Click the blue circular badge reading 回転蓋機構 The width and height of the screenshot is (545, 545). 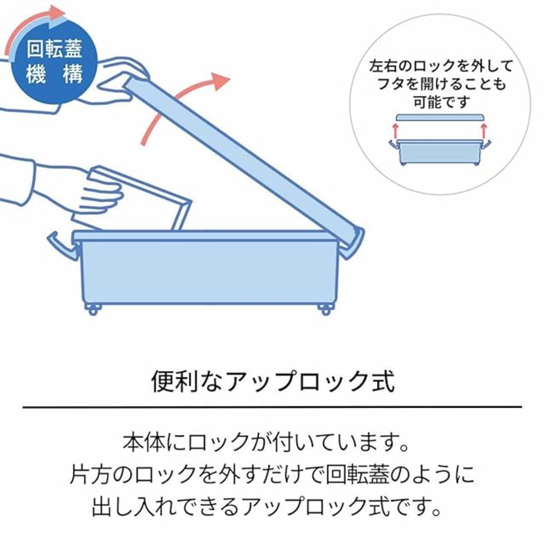coord(54,62)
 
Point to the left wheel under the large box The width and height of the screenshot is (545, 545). coord(93,310)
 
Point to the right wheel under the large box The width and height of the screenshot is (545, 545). coord(326,310)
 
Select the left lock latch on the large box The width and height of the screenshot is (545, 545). coord(63,246)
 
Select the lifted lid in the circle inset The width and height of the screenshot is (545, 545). coord(440,118)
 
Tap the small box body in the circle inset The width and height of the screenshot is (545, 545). coord(440,153)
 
